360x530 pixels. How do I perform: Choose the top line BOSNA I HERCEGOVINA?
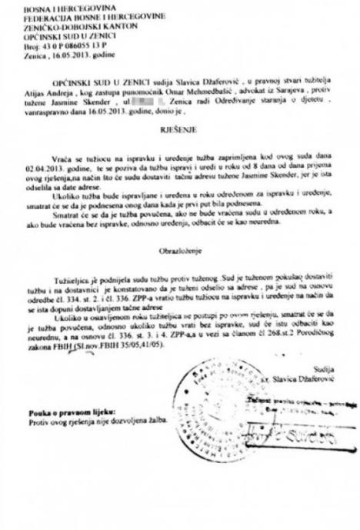[45, 7]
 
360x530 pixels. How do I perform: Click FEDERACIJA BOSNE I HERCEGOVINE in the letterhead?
[68, 16]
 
